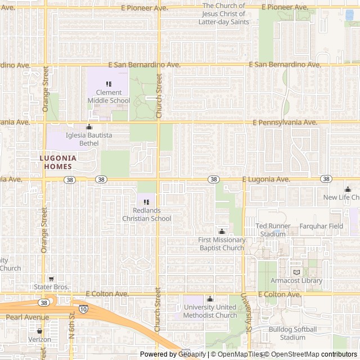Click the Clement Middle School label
(x=109, y=96)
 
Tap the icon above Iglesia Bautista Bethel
(x=88, y=127)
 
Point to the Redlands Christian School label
(x=146, y=214)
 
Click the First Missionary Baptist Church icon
(x=222, y=231)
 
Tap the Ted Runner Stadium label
(x=273, y=229)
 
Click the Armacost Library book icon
(x=296, y=272)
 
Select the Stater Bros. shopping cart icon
(x=51, y=278)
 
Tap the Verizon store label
(x=39, y=339)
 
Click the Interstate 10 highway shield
(x=83, y=309)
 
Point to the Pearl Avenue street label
(x=27, y=317)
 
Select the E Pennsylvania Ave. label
(x=285, y=122)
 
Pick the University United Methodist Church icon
(x=210, y=299)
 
